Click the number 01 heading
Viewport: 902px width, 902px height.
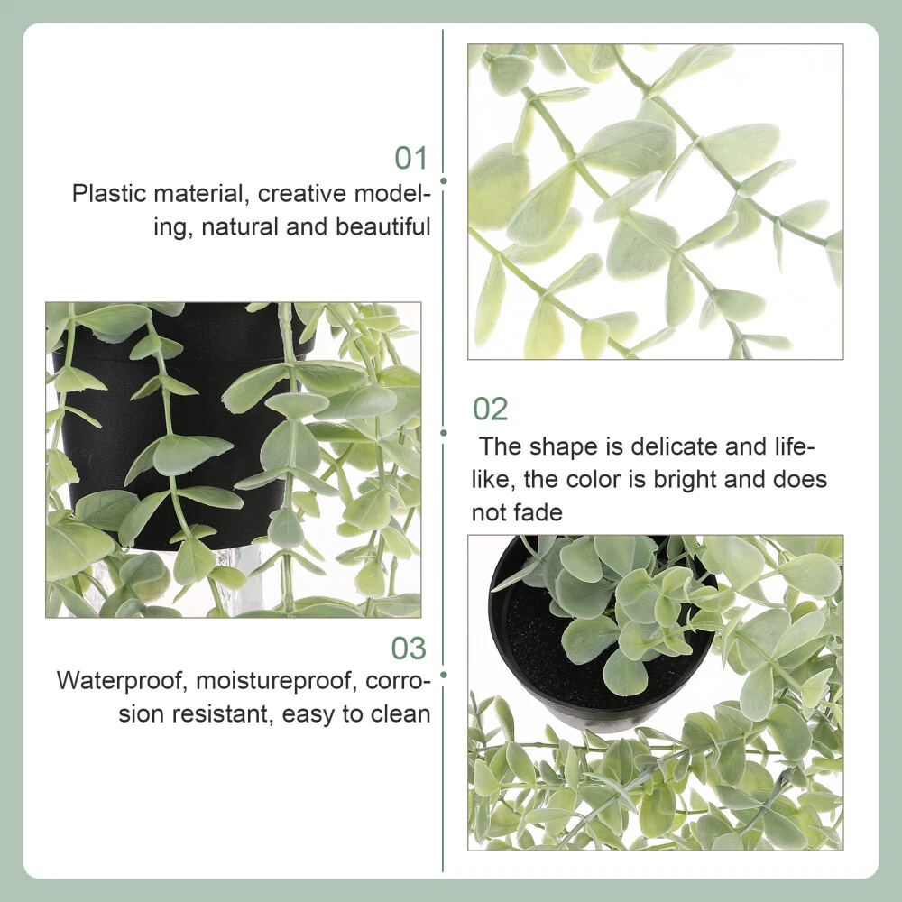[x=410, y=158]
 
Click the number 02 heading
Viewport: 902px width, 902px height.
[x=490, y=409]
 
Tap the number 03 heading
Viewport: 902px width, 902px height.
[x=409, y=649]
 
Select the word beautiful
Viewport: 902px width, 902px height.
[x=383, y=226]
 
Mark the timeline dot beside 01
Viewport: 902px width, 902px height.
[x=444, y=180]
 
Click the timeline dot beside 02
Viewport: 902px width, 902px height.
[x=444, y=433]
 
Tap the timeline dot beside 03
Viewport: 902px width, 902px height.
[x=444, y=675]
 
